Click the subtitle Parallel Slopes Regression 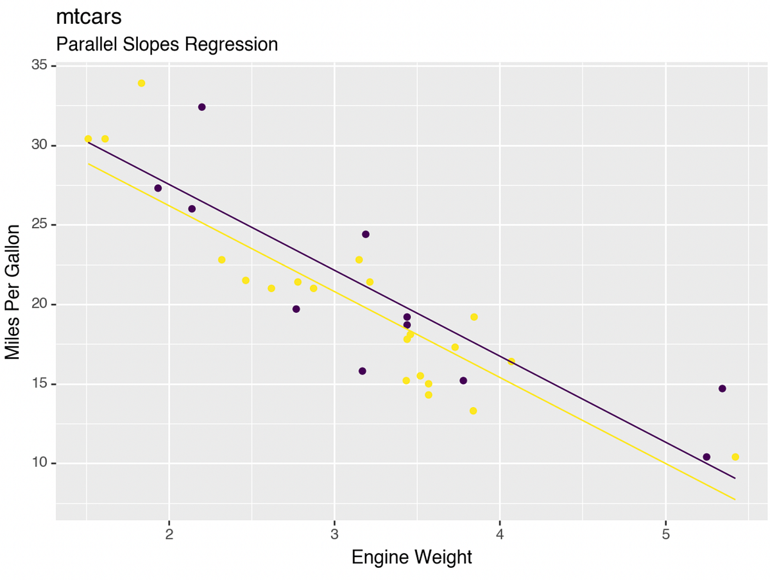[x=167, y=44]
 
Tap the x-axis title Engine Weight [x=411, y=557]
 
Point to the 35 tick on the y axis [x=42, y=66]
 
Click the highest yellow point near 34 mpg [x=141, y=83]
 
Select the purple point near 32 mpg [x=201, y=107]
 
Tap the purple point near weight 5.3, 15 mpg [x=722, y=389]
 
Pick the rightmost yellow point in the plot [x=735, y=457]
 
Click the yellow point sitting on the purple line [x=511, y=362]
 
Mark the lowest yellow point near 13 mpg [x=473, y=411]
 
